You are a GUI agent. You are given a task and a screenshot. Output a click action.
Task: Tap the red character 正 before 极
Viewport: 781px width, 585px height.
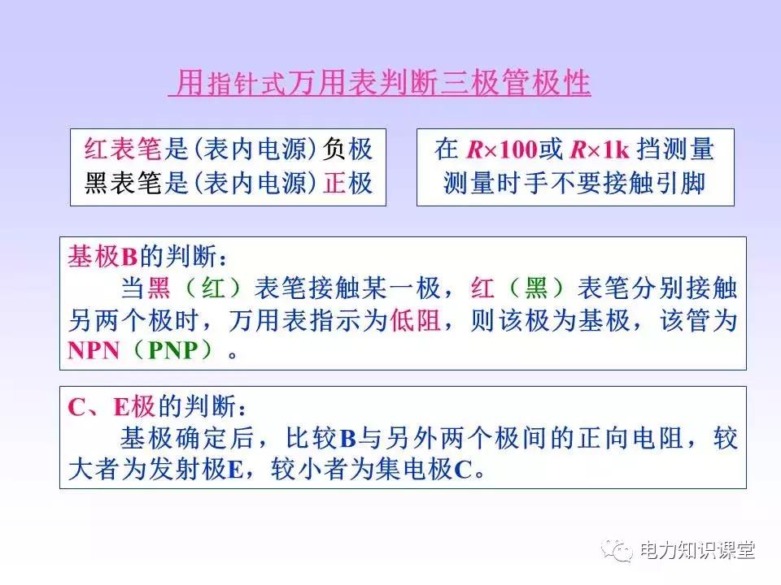(x=334, y=184)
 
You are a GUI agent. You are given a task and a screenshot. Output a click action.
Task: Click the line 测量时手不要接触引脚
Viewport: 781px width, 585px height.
(x=574, y=184)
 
